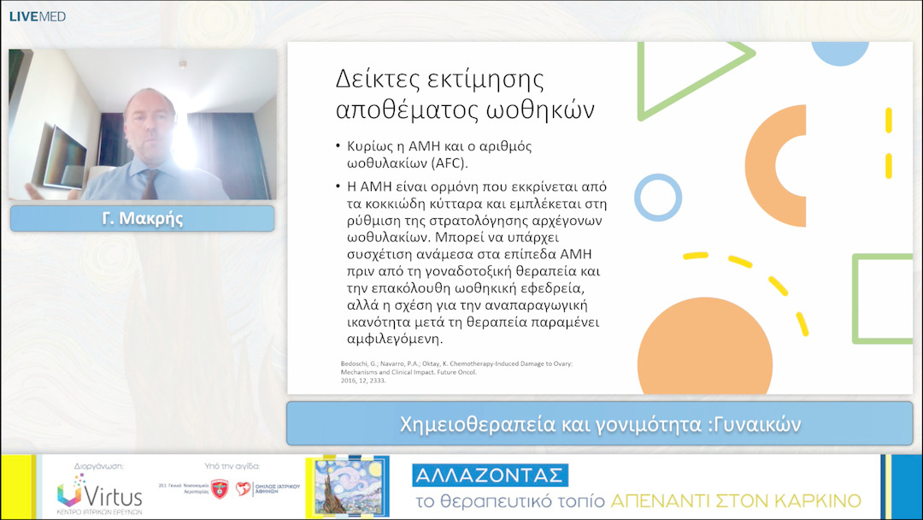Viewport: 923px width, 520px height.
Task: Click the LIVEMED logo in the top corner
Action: pos(38,16)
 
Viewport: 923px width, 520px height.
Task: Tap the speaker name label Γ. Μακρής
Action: pos(142,219)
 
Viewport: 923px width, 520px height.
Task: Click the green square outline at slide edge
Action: pos(884,298)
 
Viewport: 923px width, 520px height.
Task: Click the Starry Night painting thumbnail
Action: pos(345,487)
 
